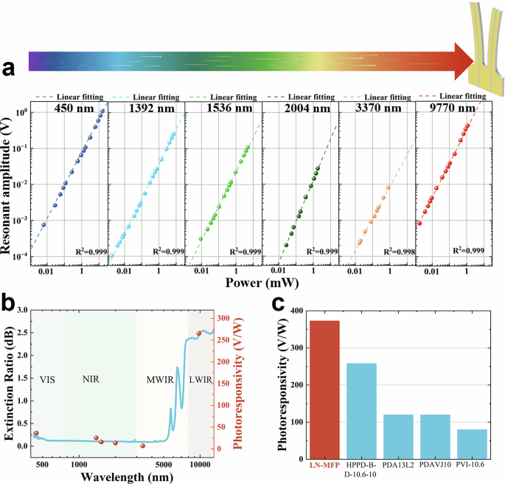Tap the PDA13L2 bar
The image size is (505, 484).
click(x=398, y=436)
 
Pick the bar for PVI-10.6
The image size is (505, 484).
click(x=472, y=443)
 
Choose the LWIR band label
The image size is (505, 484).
click(x=200, y=378)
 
